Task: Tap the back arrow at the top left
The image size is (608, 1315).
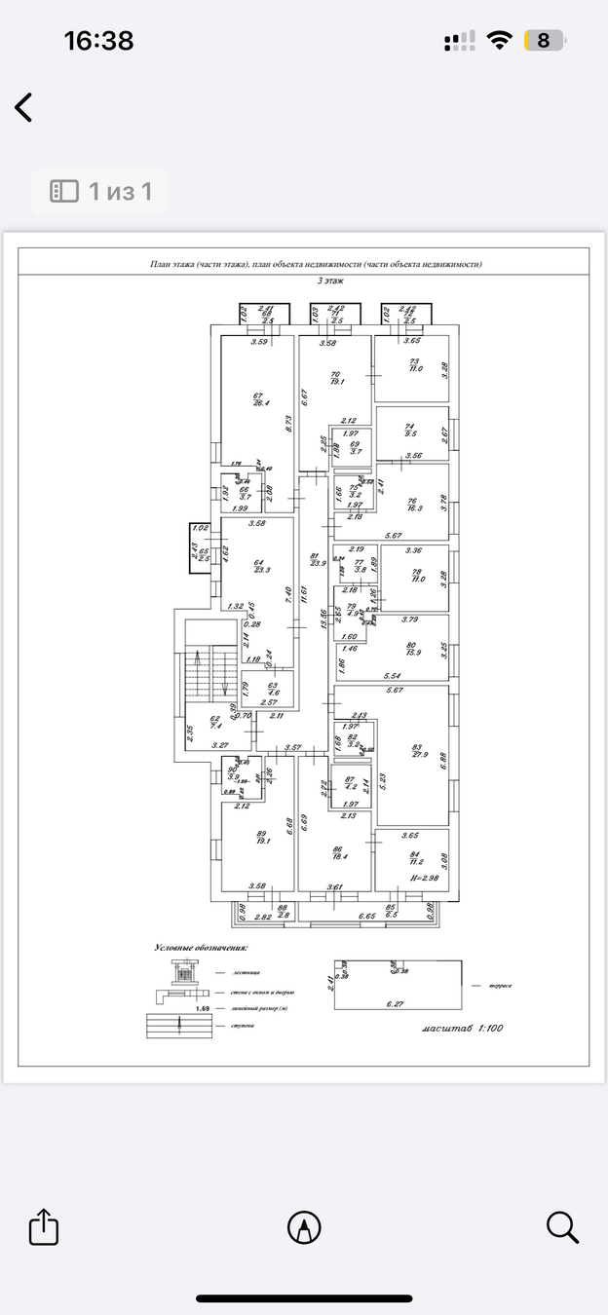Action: click(x=24, y=107)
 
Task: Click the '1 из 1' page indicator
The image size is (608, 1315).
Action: click(x=100, y=191)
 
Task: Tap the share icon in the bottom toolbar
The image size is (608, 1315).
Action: click(x=44, y=1226)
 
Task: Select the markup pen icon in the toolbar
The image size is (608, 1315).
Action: click(x=304, y=1227)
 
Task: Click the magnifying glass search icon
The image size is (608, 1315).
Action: click(x=562, y=1226)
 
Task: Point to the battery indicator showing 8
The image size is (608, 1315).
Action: click(x=544, y=41)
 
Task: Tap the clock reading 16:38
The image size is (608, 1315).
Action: click(x=98, y=41)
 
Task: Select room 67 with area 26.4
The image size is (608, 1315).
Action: click(x=258, y=399)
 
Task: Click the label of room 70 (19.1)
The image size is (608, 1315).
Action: click(x=336, y=379)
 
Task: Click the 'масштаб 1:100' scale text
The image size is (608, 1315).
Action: click(x=463, y=1029)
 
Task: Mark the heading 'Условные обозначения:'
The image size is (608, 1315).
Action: click(x=201, y=946)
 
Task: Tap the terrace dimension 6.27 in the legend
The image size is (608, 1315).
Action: click(x=395, y=1002)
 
